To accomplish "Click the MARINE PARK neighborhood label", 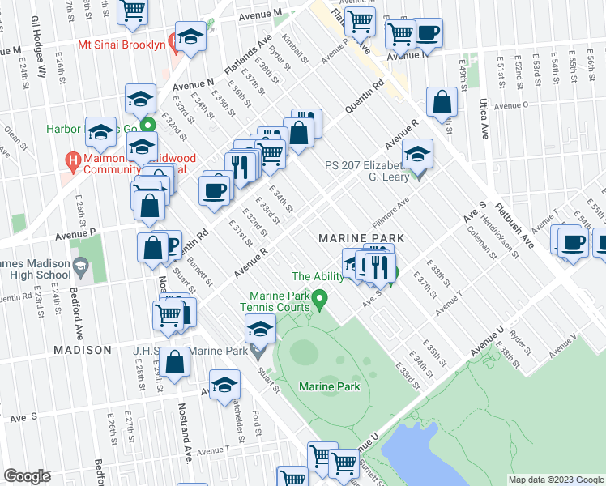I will point(361,237).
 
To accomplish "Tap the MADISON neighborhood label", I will point(82,350).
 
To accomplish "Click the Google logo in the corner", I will point(27,476).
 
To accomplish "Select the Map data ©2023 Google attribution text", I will point(555,480).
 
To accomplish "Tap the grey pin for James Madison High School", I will point(81,266).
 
